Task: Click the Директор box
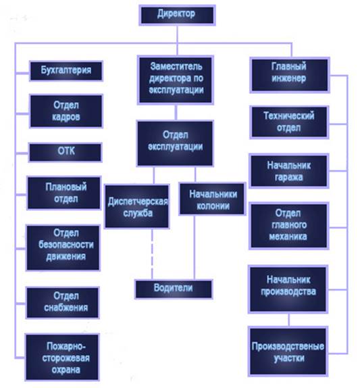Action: coord(177,15)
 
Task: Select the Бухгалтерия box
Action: coord(66,71)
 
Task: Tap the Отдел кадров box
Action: coord(66,111)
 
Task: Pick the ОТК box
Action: coord(66,153)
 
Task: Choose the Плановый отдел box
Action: coord(64,193)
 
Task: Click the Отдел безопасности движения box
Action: coord(63,247)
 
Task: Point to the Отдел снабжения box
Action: coord(63,302)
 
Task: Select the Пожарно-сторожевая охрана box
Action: coord(62,357)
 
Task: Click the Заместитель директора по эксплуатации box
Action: coord(176,80)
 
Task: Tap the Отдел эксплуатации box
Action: coord(175,143)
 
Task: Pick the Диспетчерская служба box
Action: coord(137,206)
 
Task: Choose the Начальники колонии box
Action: coord(212,199)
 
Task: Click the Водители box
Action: coord(174,289)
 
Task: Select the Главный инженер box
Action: coord(290,75)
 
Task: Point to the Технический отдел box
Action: coord(289,122)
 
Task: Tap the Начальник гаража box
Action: coord(289,171)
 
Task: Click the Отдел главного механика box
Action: coord(289,225)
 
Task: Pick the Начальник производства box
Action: coord(288,289)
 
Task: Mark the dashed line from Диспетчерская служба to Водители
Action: coord(152,254)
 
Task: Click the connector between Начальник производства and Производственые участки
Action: coord(288,320)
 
